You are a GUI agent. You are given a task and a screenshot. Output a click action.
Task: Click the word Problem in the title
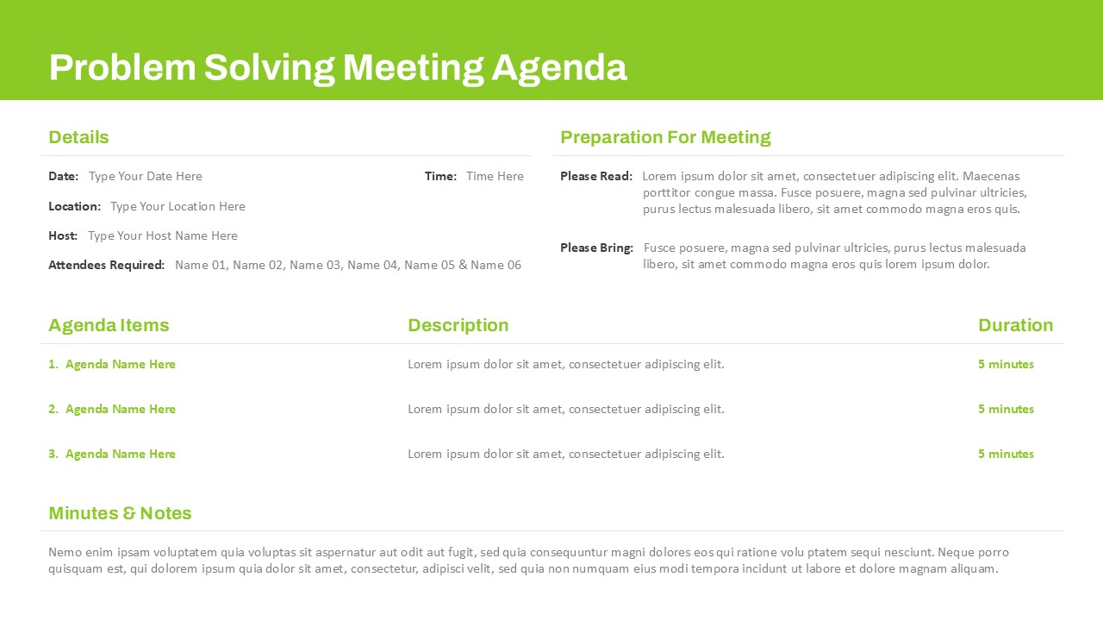(x=122, y=67)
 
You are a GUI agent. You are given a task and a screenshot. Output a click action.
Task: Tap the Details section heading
(x=78, y=137)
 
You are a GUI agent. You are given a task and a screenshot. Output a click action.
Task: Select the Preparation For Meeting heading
(x=666, y=137)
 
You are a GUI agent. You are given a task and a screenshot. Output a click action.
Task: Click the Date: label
(x=64, y=176)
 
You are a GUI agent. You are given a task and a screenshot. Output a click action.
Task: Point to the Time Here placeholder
(x=495, y=176)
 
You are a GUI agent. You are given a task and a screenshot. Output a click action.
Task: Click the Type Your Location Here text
(x=178, y=206)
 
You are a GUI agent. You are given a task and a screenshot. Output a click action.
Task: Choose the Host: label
(x=63, y=235)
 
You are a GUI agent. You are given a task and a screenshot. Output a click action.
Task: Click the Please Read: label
(x=596, y=176)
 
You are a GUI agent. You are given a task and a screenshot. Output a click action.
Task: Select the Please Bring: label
(x=597, y=248)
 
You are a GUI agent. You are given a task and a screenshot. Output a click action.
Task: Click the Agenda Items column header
(x=109, y=325)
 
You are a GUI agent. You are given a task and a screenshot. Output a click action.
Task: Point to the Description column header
(x=458, y=325)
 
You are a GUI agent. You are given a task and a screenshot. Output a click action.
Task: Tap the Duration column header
(x=1016, y=325)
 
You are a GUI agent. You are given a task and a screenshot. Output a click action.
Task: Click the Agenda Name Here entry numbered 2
(x=121, y=409)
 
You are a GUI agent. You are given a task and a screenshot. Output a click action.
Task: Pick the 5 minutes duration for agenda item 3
(x=1006, y=454)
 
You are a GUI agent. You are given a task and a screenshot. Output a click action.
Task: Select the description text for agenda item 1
(x=566, y=364)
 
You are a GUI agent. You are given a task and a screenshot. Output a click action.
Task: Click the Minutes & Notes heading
(x=120, y=513)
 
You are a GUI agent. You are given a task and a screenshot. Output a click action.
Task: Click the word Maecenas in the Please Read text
(x=991, y=176)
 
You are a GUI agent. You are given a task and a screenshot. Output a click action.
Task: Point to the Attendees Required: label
(x=106, y=265)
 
